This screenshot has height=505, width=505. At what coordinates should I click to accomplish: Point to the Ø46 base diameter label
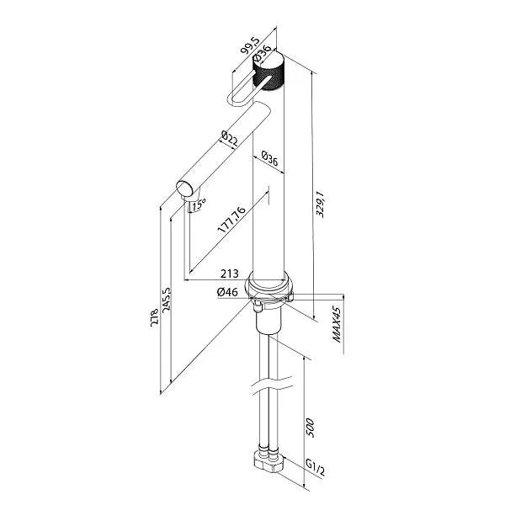point(227,291)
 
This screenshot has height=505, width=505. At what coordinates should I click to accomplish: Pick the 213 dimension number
point(228,274)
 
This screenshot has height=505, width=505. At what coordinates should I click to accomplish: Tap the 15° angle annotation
point(199,204)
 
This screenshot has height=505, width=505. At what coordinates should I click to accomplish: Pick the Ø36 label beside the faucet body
point(269,157)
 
